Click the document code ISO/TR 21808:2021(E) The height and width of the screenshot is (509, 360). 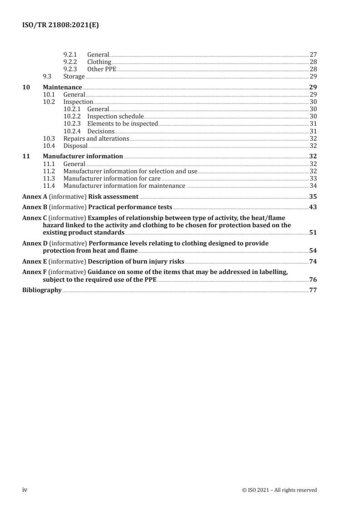pyautogui.click(x=60, y=25)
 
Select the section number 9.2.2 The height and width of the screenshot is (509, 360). pyautogui.click(x=70, y=62)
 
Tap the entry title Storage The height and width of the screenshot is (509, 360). pyautogui.click(x=74, y=76)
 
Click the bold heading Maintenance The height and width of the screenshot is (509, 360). pyautogui.click(x=62, y=87)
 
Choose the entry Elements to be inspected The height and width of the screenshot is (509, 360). pyautogui.click(x=123, y=123)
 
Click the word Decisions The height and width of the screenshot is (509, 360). pyautogui.click(x=101, y=131)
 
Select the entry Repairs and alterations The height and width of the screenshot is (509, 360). pyautogui.click(x=96, y=138)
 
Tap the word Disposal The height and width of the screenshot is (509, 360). pyautogui.click(x=75, y=146)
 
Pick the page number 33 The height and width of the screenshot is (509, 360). pyautogui.click(x=313, y=178)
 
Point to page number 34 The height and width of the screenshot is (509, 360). pyautogui.click(x=313, y=186)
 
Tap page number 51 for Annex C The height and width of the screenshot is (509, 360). pyautogui.click(x=313, y=232)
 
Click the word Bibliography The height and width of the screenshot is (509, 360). pyautogui.click(x=42, y=290)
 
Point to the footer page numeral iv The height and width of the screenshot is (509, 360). pyautogui.click(x=25, y=489)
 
